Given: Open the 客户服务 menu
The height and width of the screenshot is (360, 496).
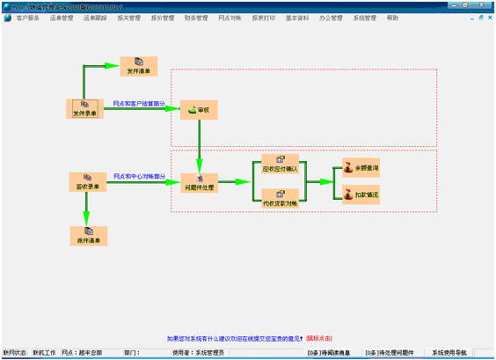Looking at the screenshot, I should point(27,18).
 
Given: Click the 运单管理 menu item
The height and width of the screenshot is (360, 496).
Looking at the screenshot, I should point(61,18).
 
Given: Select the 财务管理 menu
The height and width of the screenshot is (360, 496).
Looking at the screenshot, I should point(196,18).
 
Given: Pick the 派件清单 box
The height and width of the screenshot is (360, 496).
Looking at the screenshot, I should point(87,235).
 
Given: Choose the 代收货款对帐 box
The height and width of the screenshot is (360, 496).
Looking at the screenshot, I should point(281,198).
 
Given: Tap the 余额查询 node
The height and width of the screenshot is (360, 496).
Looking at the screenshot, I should point(361,167).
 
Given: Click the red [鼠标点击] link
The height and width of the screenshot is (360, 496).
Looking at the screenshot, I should point(318,337).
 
